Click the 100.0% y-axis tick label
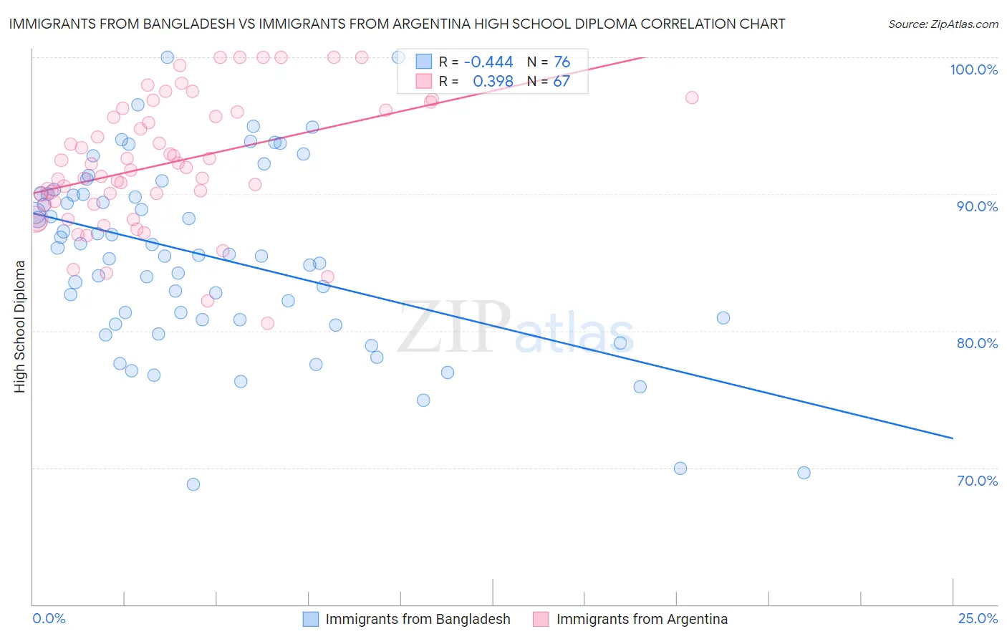(x=973, y=69)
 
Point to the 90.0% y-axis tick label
(x=977, y=206)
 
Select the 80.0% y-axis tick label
(x=977, y=343)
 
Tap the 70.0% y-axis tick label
(x=977, y=481)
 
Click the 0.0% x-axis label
(x=49, y=618)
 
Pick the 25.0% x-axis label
(x=978, y=618)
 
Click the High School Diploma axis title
(x=20, y=326)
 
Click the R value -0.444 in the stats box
(x=488, y=62)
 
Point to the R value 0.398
(x=493, y=82)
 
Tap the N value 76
(x=562, y=62)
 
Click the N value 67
(x=562, y=82)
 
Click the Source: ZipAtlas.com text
(x=943, y=24)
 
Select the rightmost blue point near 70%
(x=804, y=473)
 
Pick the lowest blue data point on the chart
(x=193, y=484)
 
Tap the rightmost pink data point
(x=692, y=97)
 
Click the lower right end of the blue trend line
(x=953, y=438)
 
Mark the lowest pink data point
(x=267, y=323)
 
